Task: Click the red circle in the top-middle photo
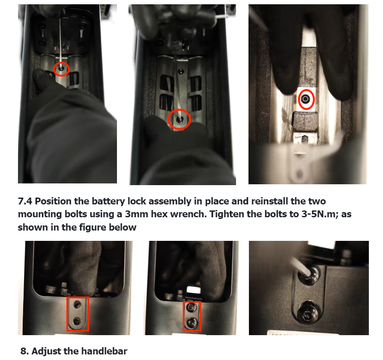coord(168,120)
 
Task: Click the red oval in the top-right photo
coord(299,99)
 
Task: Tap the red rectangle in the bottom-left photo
coord(67,314)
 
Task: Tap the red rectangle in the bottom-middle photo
coord(184,316)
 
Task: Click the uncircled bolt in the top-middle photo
coord(181,72)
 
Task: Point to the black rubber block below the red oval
coord(305,121)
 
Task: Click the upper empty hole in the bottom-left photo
coord(78,305)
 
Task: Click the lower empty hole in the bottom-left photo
coord(77,321)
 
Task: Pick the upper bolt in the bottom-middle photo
coord(191,307)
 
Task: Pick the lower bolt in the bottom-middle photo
coord(191,323)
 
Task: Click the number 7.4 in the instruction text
coord(25,201)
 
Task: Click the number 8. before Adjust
coord(25,351)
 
